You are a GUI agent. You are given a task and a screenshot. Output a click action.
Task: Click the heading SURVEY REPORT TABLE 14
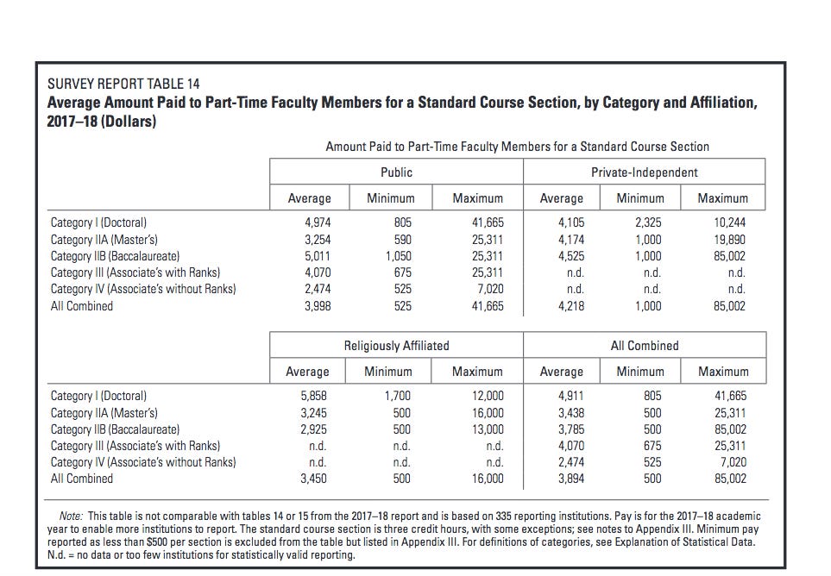point(123,84)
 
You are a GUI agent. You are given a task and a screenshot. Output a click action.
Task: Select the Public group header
point(396,172)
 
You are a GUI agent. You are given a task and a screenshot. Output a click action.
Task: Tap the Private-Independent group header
point(645,172)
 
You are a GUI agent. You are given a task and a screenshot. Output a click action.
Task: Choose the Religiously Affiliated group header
point(396,346)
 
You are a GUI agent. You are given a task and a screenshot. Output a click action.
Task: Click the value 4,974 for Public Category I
point(318,222)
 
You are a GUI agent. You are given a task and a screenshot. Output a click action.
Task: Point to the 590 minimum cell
point(402,240)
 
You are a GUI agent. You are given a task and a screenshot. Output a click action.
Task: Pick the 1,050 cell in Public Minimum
point(398,256)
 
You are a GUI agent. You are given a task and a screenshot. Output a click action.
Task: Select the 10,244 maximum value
point(729,222)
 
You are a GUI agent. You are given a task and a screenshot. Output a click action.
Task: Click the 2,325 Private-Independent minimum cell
point(648,222)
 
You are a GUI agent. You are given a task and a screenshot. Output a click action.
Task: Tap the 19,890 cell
point(729,240)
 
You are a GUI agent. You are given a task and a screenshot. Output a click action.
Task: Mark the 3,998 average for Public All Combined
point(318,306)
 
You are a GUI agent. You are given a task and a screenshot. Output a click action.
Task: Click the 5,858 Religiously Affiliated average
point(314,396)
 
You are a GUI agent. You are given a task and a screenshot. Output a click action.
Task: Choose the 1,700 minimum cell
point(398,396)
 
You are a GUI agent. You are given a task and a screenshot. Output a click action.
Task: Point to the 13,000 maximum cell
point(488,429)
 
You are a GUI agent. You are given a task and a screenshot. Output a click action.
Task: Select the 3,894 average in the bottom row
point(571,479)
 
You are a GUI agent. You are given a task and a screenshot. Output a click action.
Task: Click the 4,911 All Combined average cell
point(571,396)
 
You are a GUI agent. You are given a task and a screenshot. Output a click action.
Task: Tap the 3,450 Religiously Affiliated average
point(314,479)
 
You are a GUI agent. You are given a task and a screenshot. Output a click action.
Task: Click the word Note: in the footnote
point(71,517)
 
